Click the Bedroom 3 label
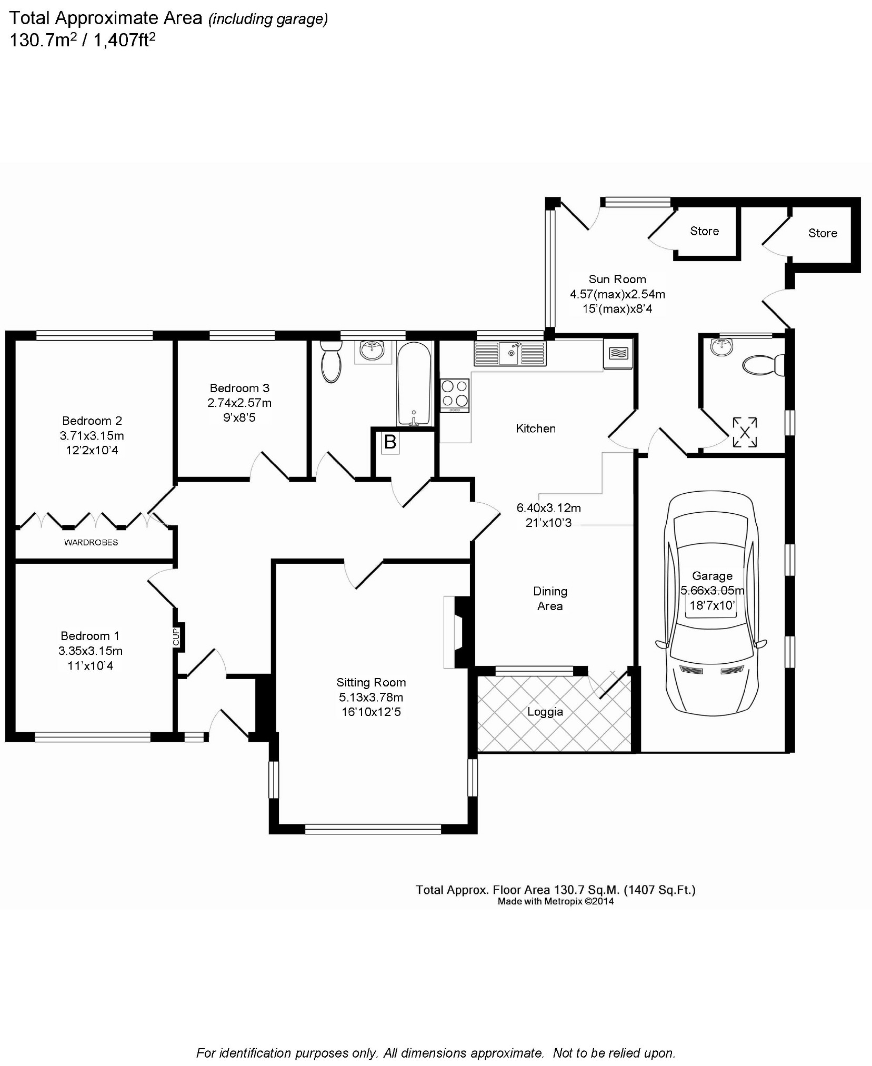pos(239,388)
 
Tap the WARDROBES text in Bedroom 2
pos(91,543)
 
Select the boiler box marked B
pos(390,442)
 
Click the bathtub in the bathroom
pos(414,383)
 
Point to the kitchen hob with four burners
pos(455,395)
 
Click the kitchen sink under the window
pos(510,353)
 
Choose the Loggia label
pos(545,712)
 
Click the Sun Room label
pos(617,280)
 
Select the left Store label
pos(704,231)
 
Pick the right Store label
pos(823,233)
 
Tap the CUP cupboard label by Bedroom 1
pos(176,637)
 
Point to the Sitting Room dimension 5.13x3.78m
pos(371,698)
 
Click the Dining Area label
pos(550,599)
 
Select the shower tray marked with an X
pos(745,433)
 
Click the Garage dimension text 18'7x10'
pos(712,605)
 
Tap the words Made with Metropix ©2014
pos(556,902)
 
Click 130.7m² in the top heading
pos(41,40)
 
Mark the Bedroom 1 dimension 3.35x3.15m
pos(91,651)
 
